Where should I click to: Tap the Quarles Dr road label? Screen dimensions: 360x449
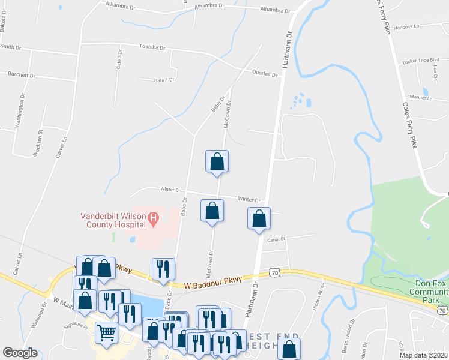tap(265, 74)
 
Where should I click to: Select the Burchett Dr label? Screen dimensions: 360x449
tap(22, 75)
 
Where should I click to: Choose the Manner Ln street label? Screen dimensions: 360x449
tap(420, 97)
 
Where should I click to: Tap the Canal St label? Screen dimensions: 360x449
tap(276, 238)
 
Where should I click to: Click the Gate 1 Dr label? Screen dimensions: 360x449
tap(164, 80)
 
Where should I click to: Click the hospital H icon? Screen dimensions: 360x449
tap(153, 218)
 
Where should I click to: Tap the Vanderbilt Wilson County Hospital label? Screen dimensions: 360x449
tap(114, 220)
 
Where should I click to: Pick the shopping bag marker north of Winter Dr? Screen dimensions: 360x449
tap(217, 161)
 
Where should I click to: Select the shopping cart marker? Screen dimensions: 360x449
tap(106, 332)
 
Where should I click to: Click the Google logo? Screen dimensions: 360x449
tap(20, 353)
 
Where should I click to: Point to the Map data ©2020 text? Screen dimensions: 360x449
tap(423, 355)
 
